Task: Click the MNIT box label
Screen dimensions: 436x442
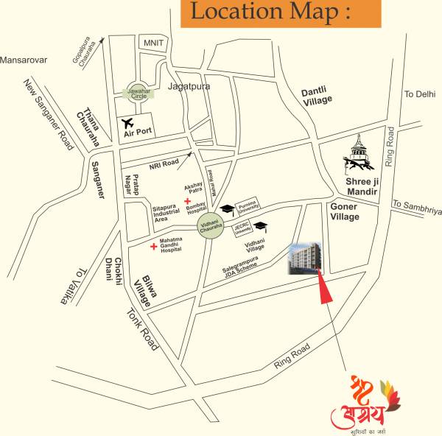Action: (x=153, y=43)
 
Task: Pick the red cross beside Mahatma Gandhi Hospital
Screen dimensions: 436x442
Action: (x=153, y=245)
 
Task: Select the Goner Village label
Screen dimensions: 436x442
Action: (x=345, y=212)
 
